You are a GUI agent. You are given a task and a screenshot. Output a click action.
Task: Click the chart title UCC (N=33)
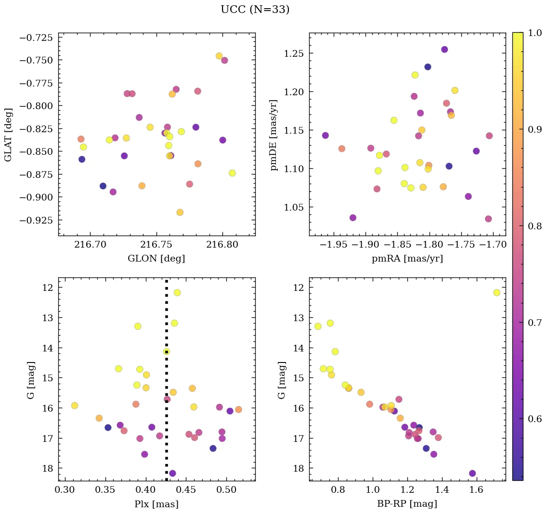coord(255,10)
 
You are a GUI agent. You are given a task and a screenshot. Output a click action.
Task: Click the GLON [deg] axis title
coord(156,258)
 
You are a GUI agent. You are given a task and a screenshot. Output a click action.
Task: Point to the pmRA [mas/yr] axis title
coord(407,258)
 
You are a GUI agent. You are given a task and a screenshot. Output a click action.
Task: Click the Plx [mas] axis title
coord(156,504)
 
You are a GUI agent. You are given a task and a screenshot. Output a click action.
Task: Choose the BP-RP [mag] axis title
coord(407,504)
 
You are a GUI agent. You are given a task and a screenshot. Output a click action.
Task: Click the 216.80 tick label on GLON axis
coord(222,245)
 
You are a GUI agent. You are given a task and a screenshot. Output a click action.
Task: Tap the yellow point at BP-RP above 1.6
coord(496,292)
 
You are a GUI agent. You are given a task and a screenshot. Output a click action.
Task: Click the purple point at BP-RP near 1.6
coord(472,473)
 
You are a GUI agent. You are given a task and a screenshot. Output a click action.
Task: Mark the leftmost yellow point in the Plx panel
coord(75,405)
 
